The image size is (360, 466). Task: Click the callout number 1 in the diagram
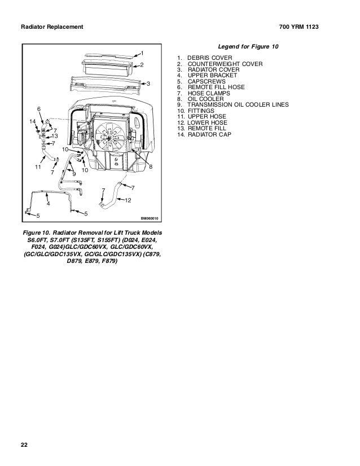143,53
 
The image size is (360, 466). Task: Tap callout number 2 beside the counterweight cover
142,65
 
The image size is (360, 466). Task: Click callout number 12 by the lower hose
129,201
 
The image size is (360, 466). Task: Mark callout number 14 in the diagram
32,121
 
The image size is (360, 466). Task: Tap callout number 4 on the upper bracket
48,203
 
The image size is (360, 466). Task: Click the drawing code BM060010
149,218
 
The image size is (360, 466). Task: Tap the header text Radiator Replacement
51,27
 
